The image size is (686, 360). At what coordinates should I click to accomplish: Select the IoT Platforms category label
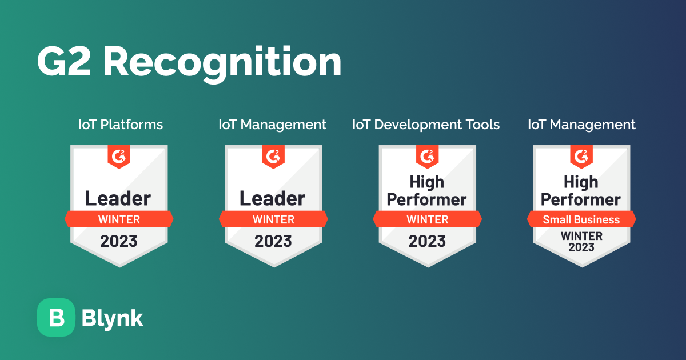(x=121, y=125)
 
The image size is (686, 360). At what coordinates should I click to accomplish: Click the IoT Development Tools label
(x=426, y=125)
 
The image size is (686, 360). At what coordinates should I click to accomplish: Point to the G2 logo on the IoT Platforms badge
(x=119, y=156)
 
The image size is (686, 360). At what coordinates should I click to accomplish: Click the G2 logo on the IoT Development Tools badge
(x=427, y=156)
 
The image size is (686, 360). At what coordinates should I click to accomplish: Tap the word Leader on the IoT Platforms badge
(x=118, y=198)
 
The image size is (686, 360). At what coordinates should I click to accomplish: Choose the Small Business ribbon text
(x=581, y=219)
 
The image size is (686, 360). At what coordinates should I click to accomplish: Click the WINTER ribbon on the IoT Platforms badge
(x=119, y=219)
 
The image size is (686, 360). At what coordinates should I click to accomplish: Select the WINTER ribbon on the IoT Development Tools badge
(x=427, y=219)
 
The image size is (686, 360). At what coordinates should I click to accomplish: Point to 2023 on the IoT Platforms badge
(x=119, y=241)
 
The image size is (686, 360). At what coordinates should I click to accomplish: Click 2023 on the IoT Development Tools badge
(x=427, y=241)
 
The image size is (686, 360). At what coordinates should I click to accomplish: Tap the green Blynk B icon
(x=56, y=318)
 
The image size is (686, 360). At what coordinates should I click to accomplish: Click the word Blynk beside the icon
(x=113, y=318)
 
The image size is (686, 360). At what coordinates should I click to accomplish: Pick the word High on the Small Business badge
(x=581, y=182)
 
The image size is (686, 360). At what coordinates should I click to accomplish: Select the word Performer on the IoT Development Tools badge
(x=427, y=199)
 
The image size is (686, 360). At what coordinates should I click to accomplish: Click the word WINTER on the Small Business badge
(x=581, y=236)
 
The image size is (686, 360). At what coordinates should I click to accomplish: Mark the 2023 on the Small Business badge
(x=581, y=247)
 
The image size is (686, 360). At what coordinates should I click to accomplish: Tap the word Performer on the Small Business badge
(x=581, y=199)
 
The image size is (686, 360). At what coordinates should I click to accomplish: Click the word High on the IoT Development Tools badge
(x=427, y=182)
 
